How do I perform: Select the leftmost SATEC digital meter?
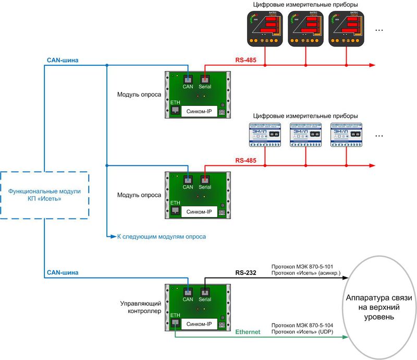click(266, 28)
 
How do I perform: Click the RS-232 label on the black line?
click(244, 272)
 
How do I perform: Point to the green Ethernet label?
click(248, 331)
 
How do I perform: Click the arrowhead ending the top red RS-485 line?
click(372, 65)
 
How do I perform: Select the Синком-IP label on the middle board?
click(199, 212)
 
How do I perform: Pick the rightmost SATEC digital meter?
click(346, 28)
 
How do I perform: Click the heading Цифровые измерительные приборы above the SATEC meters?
click(305, 5)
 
